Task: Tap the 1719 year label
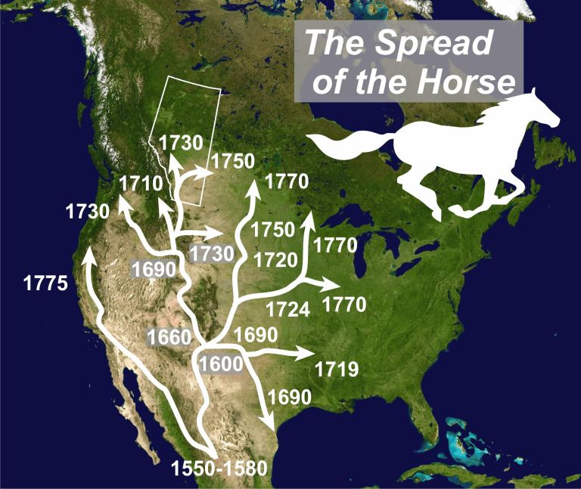coord(336,370)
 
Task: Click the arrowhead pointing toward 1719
coord(304,353)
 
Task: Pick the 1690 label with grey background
coord(154,268)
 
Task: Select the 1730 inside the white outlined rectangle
coord(182,142)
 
